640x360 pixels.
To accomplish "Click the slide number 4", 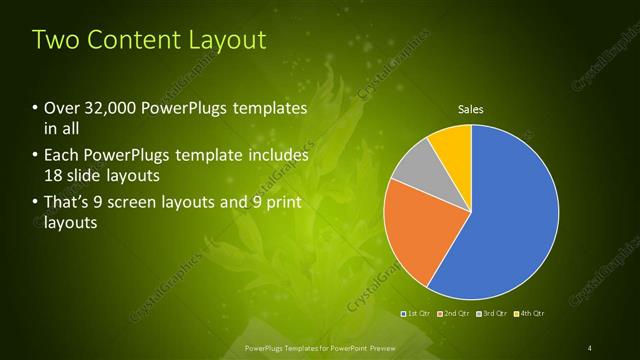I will (589, 347).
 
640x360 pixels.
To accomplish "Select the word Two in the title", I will (55, 40).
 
